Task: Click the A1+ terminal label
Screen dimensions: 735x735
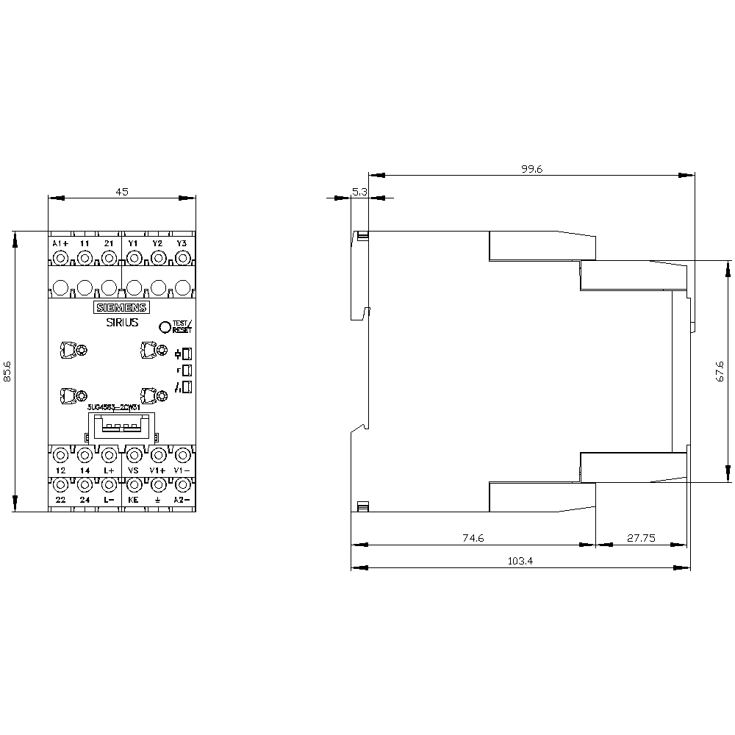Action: [x=60, y=243]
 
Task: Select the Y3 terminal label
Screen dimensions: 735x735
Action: [x=182, y=243]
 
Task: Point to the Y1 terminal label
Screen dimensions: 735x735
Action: [x=133, y=243]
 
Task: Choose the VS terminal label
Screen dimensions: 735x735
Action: [x=133, y=470]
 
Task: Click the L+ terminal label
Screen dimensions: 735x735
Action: [x=109, y=470]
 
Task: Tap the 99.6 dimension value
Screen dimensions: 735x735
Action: [x=531, y=169]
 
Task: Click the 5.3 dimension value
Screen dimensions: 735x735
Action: [x=360, y=191]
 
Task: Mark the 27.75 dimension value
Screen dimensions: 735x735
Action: [x=641, y=538]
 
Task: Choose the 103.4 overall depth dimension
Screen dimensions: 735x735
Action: [x=520, y=561]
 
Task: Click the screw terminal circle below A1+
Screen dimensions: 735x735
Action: [x=60, y=258]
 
